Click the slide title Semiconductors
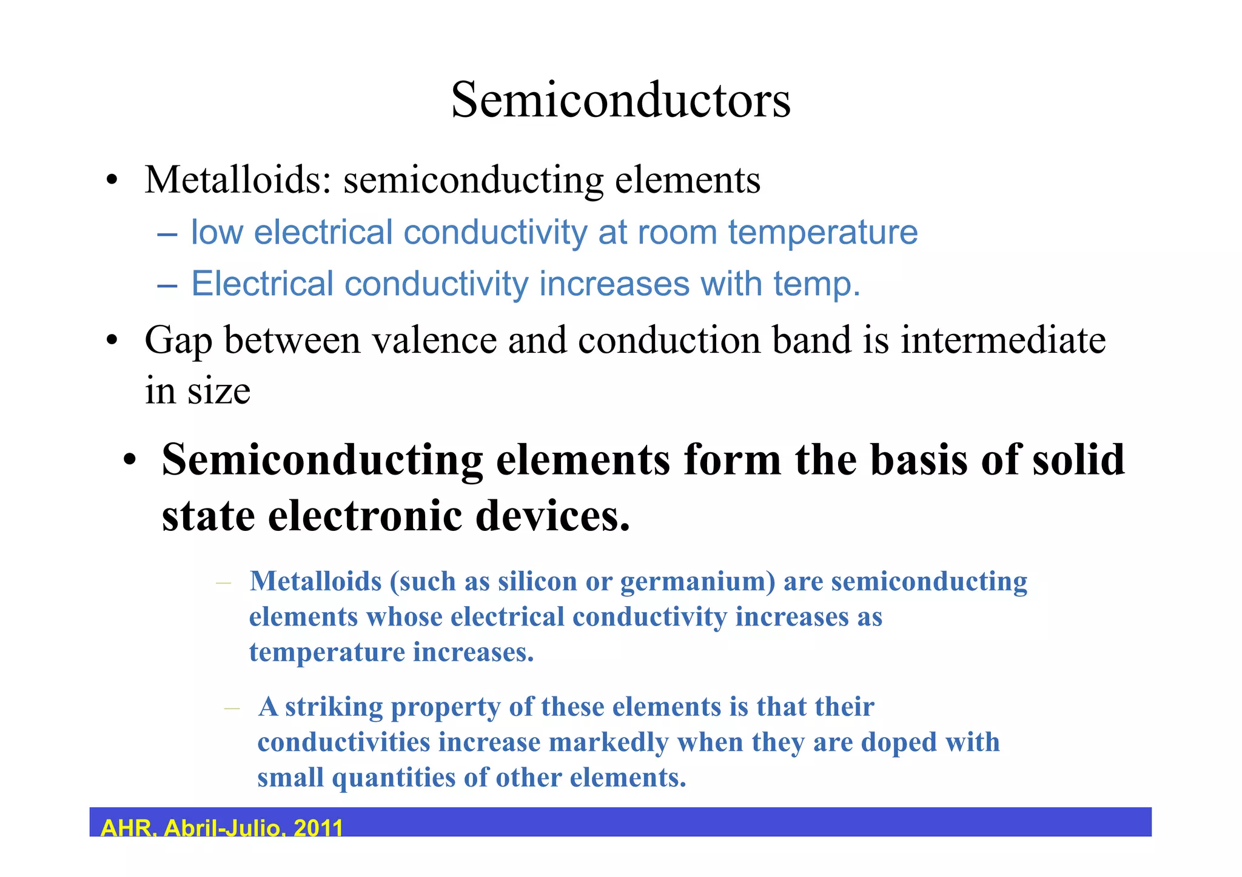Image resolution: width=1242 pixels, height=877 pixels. (620, 100)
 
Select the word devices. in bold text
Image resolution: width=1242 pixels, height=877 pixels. (552, 516)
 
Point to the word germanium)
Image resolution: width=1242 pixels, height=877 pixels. (698, 582)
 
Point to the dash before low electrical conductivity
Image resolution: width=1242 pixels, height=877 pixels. (167, 233)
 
